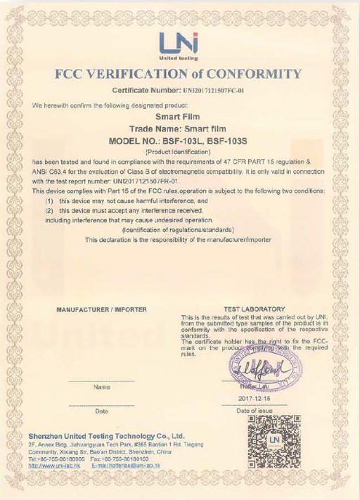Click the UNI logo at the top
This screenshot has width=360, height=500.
[179, 44]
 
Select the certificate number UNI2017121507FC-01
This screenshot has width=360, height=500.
[214, 91]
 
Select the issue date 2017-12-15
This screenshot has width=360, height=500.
[254, 398]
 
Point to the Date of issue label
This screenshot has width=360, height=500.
[254, 410]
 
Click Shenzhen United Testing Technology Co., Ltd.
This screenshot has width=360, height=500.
[106, 436]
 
